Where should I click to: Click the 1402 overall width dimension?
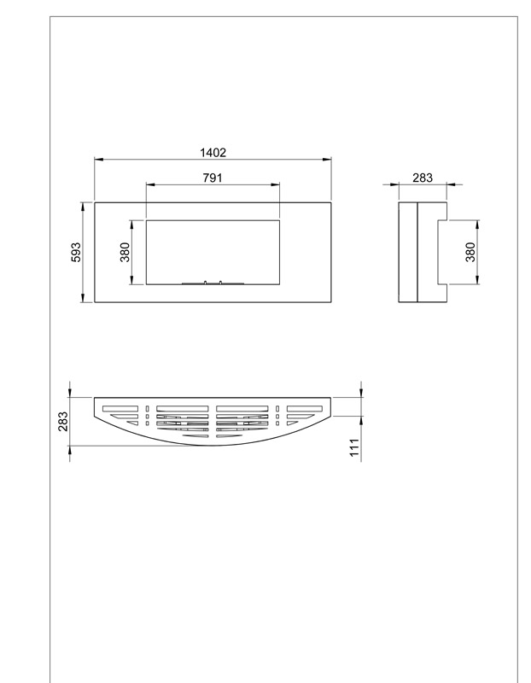pos(213,153)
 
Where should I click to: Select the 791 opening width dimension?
pos(213,178)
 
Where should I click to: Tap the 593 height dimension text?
pos(76,252)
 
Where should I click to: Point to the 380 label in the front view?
pos(125,252)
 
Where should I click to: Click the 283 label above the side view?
pos(423,178)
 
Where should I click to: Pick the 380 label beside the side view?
pos(470,252)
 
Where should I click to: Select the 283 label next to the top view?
pos(62,421)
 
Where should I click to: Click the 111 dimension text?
pos(354,447)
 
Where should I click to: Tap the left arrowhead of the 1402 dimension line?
pos(99,160)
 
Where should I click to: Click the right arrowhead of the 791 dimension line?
pos(275,184)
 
